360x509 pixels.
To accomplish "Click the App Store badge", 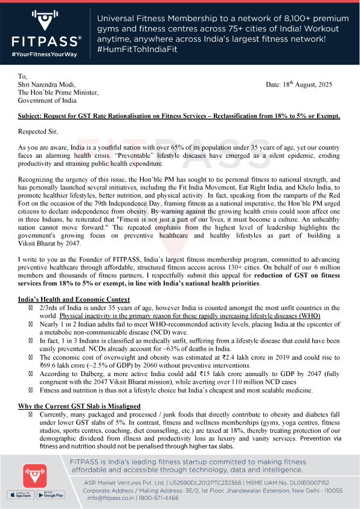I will point(19,494).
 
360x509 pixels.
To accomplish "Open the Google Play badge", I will point(53,494).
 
